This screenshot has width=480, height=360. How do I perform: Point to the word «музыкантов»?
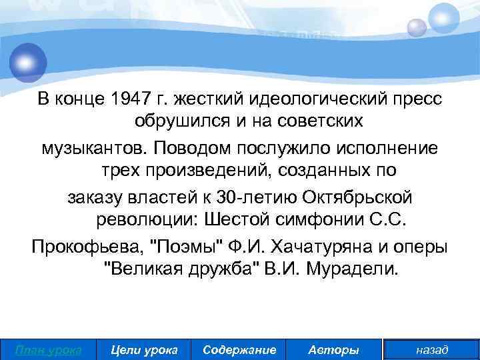point(84,147)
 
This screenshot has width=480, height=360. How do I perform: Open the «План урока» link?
point(49,349)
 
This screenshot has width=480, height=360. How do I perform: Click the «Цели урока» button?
point(144,349)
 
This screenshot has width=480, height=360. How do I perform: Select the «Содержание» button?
point(239,349)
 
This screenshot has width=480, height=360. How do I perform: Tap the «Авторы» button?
point(334,349)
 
